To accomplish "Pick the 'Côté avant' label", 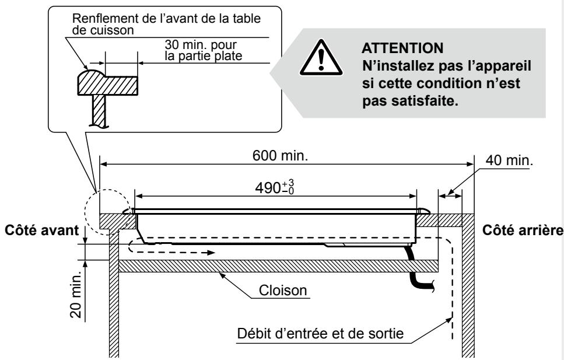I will point(39,229).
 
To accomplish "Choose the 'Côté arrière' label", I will point(523,229).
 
